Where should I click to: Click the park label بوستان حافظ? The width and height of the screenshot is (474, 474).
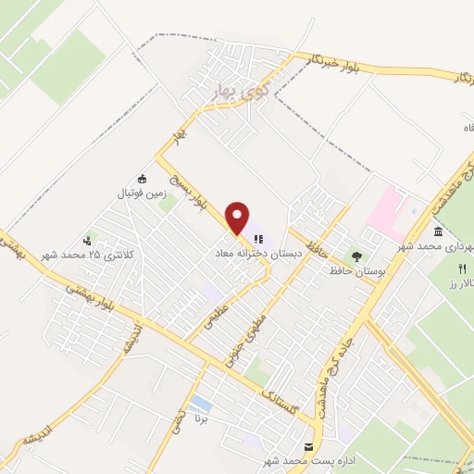click(356, 270)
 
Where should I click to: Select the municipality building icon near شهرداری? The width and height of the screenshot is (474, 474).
click(437, 231)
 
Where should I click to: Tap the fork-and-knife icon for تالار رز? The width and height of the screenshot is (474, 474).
click(457, 268)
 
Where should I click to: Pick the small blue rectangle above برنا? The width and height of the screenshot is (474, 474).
click(201, 404)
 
